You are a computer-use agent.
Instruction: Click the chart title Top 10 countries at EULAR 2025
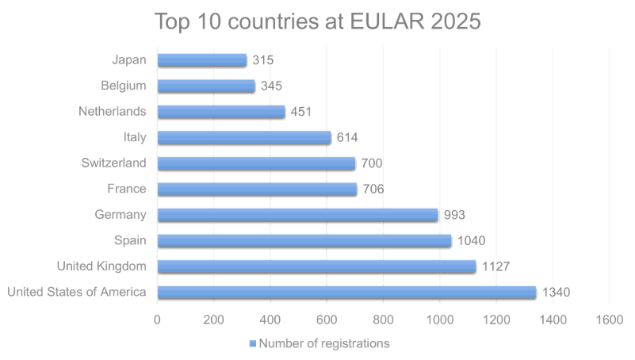[x=317, y=21]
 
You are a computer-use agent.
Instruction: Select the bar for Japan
[x=202, y=59]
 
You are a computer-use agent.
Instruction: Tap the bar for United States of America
[x=346, y=292]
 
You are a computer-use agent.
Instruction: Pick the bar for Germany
[x=297, y=214]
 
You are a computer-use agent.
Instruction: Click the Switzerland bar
[x=256, y=163]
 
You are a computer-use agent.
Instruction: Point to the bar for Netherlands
[x=220, y=111]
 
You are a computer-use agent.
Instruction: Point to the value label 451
[x=300, y=112]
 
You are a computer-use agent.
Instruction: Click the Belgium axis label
[x=124, y=86]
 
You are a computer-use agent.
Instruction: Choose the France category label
[x=127, y=189]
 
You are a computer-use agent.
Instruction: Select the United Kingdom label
[x=102, y=266]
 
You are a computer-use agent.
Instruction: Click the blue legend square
[x=253, y=344]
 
